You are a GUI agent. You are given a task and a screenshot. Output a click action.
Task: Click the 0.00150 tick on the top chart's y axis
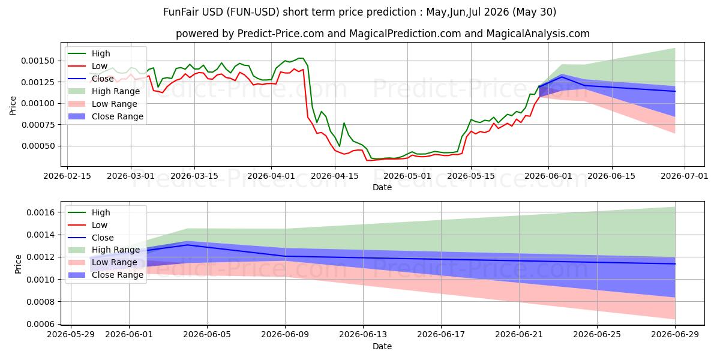(38, 61)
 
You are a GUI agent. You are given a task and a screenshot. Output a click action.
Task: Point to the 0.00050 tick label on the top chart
(38, 146)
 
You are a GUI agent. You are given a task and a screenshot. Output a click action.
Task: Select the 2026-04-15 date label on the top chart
(335, 176)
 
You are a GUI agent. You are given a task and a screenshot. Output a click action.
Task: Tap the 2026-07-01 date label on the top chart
(685, 176)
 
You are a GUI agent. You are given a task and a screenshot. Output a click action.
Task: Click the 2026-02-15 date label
(67, 176)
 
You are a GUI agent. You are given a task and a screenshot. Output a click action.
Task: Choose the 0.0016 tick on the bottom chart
(41, 212)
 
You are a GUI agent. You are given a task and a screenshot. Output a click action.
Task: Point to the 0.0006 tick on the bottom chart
(41, 324)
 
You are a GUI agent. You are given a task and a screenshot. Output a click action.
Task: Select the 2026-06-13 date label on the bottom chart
(363, 335)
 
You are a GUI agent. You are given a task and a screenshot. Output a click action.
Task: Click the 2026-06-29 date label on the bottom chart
(675, 335)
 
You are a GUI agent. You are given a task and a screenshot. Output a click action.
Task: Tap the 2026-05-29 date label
(71, 335)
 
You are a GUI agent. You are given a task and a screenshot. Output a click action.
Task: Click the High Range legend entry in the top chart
(104, 91)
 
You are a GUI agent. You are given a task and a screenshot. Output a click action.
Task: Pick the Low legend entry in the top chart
(88, 66)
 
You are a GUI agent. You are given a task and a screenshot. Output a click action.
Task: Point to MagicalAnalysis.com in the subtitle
(538, 34)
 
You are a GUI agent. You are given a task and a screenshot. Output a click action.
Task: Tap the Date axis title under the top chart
(382, 187)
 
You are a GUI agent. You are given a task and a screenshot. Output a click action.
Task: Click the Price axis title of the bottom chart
(18, 264)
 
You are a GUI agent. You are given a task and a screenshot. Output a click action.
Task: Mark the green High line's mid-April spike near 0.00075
(344, 123)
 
